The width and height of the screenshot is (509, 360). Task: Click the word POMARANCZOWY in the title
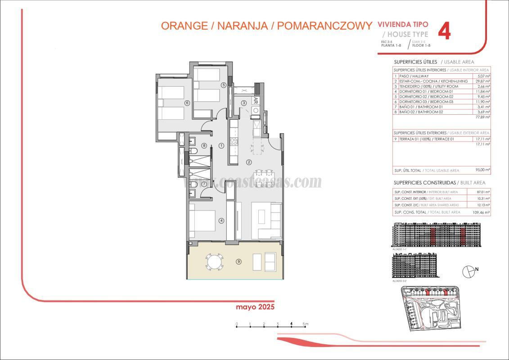pyautogui.click(x=324, y=26)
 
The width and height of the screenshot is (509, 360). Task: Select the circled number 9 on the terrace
pyautogui.click(x=239, y=261)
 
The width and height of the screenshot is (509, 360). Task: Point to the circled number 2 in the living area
pyautogui.click(x=248, y=162)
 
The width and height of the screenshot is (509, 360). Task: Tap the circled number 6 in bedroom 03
pyautogui.click(x=187, y=103)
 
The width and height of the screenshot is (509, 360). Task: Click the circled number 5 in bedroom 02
pyautogui.click(x=223, y=85)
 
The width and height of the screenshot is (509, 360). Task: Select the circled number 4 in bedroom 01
pyautogui.click(x=221, y=220)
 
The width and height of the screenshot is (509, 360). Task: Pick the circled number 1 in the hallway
pyautogui.click(x=221, y=145)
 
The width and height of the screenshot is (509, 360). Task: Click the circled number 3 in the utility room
pyautogui.click(x=244, y=103)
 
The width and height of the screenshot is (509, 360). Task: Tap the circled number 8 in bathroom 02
pyautogui.click(x=204, y=145)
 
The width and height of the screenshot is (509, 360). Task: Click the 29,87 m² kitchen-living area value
pyautogui.click(x=482, y=81)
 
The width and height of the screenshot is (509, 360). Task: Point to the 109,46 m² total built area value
pyautogui.click(x=482, y=212)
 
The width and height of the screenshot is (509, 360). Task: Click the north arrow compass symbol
pyautogui.click(x=469, y=270)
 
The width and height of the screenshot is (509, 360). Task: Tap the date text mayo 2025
pyautogui.click(x=255, y=307)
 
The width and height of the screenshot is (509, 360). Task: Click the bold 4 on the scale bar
pyautogui.click(x=292, y=324)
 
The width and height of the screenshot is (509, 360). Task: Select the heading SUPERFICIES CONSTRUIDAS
pyautogui.click(x=424, y=183)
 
